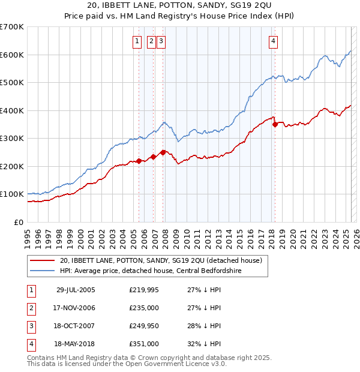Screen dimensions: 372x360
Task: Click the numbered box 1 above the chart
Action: point(137,41)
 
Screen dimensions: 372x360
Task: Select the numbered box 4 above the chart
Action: point(273,41)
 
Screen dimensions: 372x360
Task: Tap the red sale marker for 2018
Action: point(275,125)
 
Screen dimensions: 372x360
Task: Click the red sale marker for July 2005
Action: point(139,161)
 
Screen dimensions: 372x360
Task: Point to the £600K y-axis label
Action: point(11,55)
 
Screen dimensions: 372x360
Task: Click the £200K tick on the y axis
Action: point(11,166)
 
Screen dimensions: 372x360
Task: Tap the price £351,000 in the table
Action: point(144,344)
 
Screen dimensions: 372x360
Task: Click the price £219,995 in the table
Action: point(144,290)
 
